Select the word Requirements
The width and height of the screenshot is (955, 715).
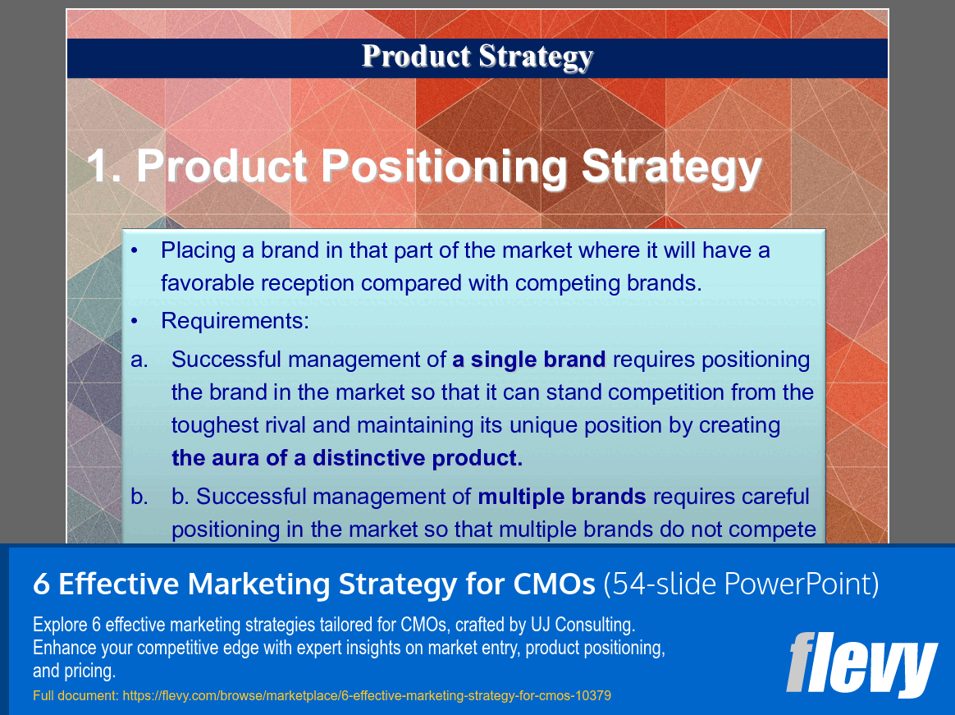[x=234, y=321]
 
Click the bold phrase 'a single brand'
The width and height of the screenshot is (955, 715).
[x=529, y=360]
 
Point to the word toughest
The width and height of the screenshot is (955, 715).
[x=215, y=425]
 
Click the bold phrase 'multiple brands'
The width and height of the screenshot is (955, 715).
[x=562, y=497]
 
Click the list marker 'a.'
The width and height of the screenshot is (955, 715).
[x=139, y=360]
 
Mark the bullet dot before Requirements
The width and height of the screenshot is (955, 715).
[x=135, y=321]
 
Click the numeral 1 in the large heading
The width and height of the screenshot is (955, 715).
[x=100, y=167]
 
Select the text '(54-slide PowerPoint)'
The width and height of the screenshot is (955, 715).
[x=741, y=584]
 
